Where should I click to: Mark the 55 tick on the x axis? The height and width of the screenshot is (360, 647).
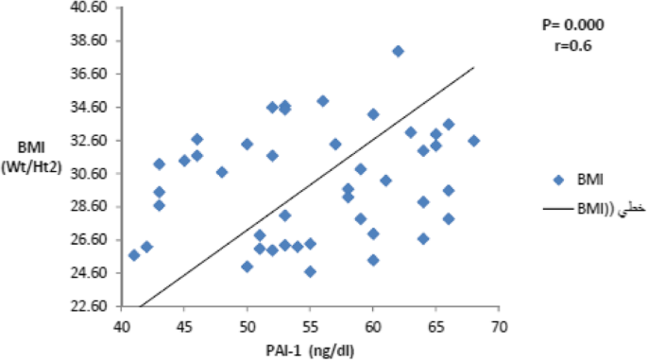tap(310, 327)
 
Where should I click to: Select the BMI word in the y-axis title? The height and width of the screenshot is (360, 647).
tap(28, 146)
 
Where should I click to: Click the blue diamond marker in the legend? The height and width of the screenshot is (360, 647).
tap(557, 179)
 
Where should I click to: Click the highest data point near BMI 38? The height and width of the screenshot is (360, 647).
tap(398, 51)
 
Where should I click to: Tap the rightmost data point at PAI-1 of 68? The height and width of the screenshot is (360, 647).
tap(474, 141)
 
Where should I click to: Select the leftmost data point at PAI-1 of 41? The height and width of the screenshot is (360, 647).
tap(134, 255)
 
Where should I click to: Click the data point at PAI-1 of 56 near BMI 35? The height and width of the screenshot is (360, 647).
tap(322, 101)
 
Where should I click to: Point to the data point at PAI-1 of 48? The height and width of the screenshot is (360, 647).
tap(222, 172)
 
